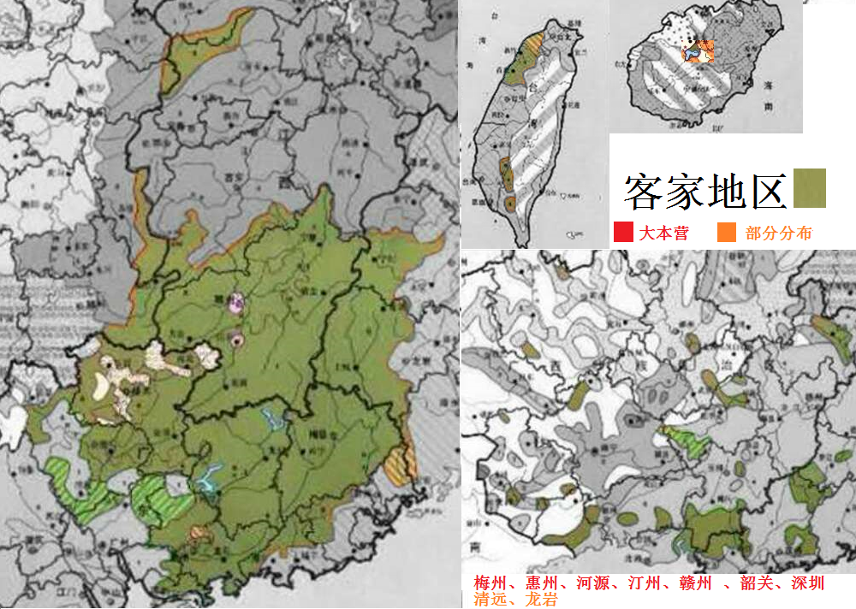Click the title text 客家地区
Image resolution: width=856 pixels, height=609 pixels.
(704, 190)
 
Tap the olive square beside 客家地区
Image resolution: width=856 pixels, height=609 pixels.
(810, 188)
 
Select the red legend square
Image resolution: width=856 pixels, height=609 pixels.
(623, 232)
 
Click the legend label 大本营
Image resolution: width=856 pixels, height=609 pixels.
(663, 233)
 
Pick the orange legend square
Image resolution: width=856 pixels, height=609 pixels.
(726, 232)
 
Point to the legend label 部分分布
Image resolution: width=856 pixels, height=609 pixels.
(778, 233)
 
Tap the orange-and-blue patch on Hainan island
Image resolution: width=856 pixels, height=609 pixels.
(698, 51)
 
